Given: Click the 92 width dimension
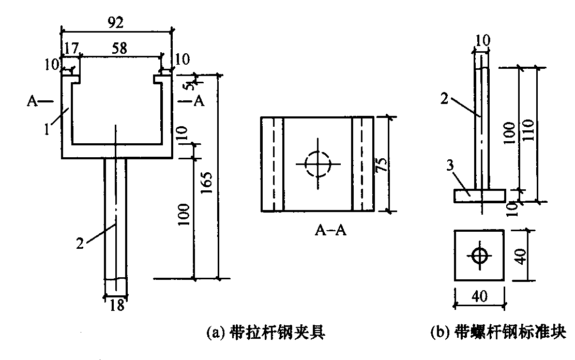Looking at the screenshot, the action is click(x=115, y=23).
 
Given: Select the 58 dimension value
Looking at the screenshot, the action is click(x=119, y=48).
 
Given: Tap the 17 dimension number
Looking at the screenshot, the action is click(x=71, y=48).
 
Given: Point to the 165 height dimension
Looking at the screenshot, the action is click(x=207, y=183).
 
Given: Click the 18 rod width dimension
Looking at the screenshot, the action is click(x=117, y=305).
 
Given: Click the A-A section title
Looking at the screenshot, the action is click(x=330, y=230).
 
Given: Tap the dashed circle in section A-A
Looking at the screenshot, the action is click(x=319, y=164).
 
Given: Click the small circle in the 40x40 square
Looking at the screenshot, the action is click(x=479, y=256).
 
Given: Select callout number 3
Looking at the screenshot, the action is click(x=450, y=166).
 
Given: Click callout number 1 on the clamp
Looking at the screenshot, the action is click(x=47, y=129).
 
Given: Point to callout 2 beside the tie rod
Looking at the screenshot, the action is click(x=80, y=243).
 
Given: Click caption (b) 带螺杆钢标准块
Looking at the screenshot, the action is click(x=498, y=333).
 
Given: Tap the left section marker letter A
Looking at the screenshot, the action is click(x=32, y=100).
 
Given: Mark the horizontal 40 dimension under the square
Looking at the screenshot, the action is click(x=480, y=296).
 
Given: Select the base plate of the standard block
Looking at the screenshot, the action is click(x=480, y=196).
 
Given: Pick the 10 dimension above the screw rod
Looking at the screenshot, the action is click(x=482, y=40).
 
